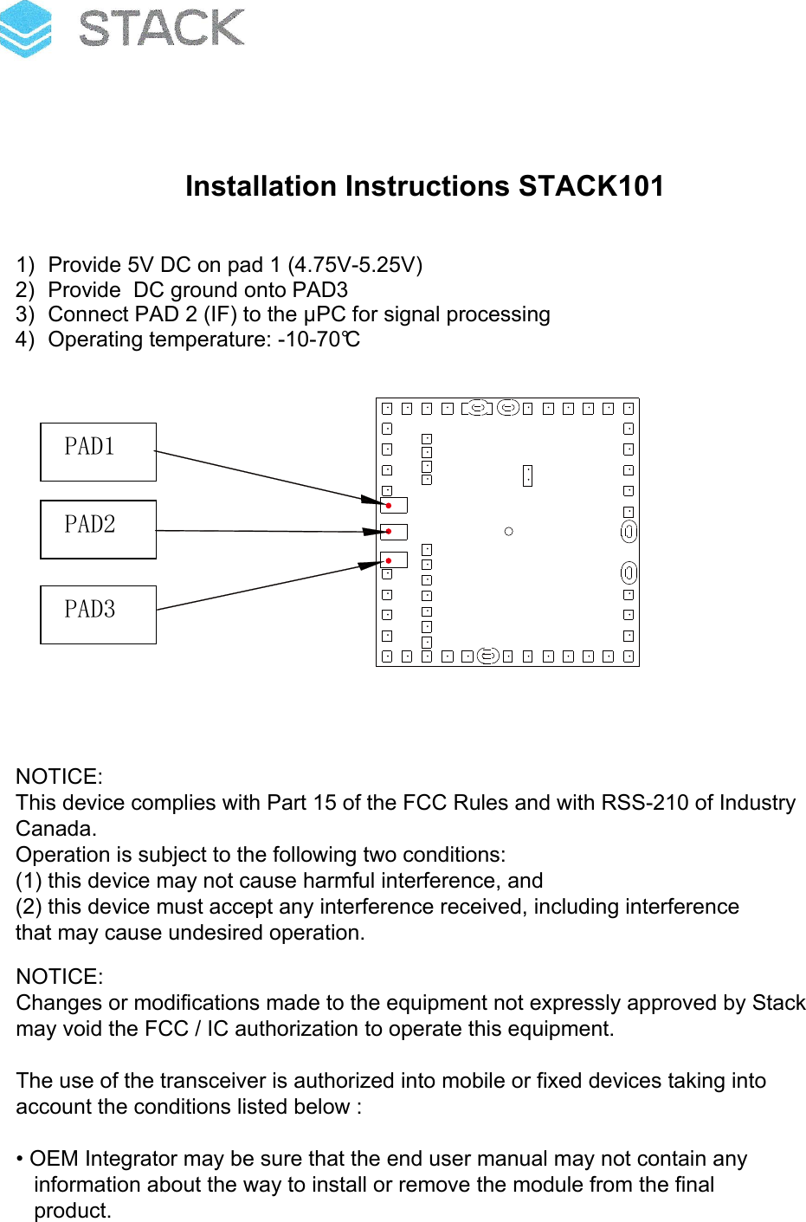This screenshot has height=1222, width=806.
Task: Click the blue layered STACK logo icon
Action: tap(26, 29)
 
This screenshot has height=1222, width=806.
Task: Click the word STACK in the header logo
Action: tap(161, 29)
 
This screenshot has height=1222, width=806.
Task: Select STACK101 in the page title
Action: tap(591, 186)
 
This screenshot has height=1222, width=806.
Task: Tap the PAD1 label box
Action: tap(98, 451)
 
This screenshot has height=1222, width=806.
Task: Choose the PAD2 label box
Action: tap(98, 529)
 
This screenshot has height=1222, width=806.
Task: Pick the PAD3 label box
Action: tap(98, 614)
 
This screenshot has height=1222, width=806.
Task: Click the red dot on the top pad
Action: tap(390, 505)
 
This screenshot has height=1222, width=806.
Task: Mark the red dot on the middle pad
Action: tap(390, 532)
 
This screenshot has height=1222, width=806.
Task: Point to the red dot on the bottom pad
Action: tap(389, 561)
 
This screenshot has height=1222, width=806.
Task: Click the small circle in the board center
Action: tap(508, 531)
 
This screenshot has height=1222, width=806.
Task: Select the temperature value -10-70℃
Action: tap(319, 339)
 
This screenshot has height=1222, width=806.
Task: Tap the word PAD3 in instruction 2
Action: tap(320, 290)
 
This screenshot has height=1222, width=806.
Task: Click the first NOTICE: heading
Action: tap(59, 777)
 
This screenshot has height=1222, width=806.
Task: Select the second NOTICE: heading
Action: tap(59, 977)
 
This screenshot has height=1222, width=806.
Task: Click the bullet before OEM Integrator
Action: tap(20, 1160)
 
